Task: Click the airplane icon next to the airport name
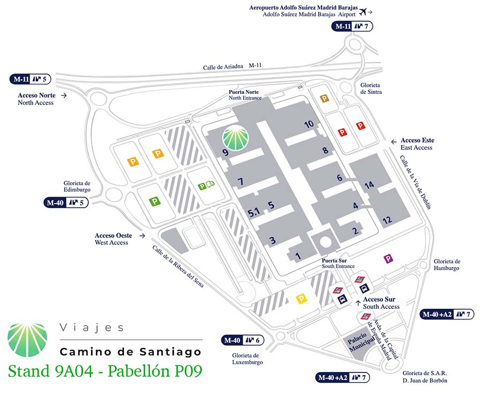coord(364,10)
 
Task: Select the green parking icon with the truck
coord(206,186)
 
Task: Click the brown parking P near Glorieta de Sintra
coord(324,98)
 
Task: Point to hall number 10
coord(308,124)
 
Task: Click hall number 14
coord(369,185)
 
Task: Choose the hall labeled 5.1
coord(254,212)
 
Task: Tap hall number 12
coord(387,220)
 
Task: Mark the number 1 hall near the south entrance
coord(298,255)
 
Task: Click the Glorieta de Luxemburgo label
coord(246,359)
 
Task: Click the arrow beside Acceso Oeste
coord(142,235)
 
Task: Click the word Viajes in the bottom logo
coord(92,328)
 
